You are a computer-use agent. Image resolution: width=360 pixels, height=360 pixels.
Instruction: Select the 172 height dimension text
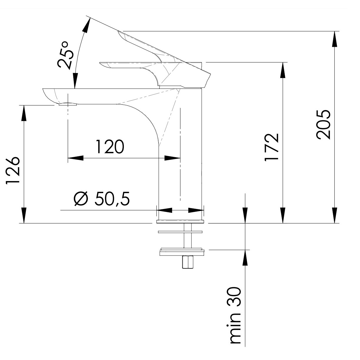(x=272, y=147)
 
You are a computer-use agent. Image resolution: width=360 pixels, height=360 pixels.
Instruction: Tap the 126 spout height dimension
(x=13, y=171)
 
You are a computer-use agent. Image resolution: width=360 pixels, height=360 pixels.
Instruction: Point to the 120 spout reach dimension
(x=110, y=146)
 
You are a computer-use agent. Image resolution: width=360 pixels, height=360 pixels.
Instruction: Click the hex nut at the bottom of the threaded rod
(x=187, y=262)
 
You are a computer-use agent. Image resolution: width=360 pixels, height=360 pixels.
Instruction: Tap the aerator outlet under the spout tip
(x=68, y=104)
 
